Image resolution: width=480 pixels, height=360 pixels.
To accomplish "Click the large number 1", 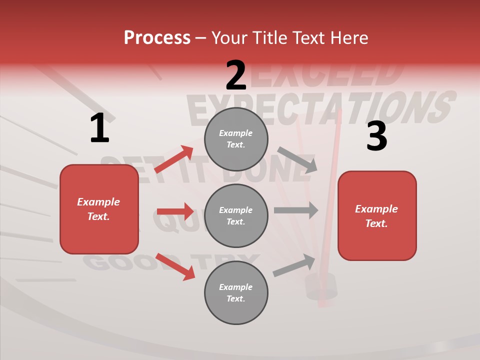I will coord(99,128).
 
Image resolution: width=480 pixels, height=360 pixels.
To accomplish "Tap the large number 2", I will coord(236,75).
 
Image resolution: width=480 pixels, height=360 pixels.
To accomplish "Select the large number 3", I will coord(376,136).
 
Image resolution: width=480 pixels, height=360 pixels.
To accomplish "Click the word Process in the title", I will coord(157,37).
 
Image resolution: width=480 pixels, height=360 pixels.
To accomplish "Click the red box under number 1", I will coord(99,209).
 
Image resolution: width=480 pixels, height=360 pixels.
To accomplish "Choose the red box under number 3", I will coord(377,216).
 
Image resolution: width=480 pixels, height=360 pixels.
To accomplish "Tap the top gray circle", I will coord(236,139).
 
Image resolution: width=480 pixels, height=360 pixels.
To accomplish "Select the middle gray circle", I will coord(236,215).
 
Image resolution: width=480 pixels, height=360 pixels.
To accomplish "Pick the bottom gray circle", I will coord(236,292).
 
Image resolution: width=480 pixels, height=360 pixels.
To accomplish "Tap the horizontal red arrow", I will coord(175,211).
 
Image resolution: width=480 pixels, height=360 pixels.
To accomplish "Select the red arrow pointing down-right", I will coord(175,266).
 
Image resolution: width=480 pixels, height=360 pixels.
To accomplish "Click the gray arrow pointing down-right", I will coord(297,160).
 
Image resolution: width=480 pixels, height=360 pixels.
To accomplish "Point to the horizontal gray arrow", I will coord(295,210).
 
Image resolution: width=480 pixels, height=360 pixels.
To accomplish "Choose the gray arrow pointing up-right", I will coord(294,265).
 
